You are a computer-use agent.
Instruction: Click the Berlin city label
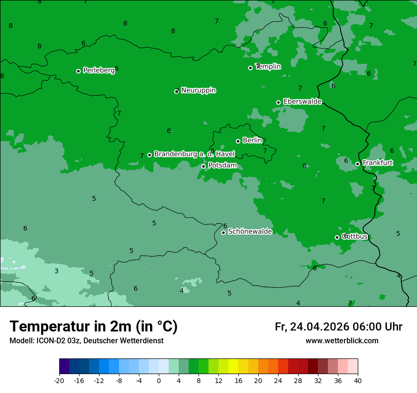coord(252,140)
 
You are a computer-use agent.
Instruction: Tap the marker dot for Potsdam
coord(204,166)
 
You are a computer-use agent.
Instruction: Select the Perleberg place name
coord(99,70)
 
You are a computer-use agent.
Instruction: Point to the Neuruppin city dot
coord(176,91)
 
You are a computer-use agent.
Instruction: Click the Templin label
coord(268,67)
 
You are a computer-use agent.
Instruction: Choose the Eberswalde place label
coord(302,101)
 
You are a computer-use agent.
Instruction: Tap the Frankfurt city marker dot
coord(357,164)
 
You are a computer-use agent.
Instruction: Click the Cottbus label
coord(355,236)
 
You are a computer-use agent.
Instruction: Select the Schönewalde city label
coord(250,232)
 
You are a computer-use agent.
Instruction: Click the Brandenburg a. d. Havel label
coord(194,154)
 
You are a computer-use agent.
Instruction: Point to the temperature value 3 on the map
coord(56,271)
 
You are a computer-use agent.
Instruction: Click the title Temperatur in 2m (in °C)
coord(93,326)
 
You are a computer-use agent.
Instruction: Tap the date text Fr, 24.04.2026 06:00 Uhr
coord(338,327)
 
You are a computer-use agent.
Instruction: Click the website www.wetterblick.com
coord(342,340)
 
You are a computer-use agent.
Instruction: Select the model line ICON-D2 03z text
coord(86,340)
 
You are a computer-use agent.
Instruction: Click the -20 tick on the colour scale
coord(59,380)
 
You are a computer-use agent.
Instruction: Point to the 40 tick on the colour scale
coord(358,380)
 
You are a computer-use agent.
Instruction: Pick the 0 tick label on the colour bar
coord(159,380)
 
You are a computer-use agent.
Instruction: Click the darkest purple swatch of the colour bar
coord(64,366)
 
